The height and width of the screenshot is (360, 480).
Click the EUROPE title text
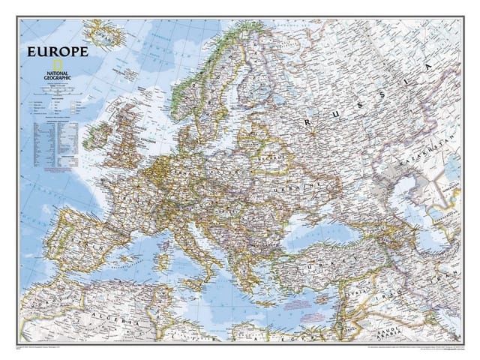(57, 52)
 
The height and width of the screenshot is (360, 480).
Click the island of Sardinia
(169, 250)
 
